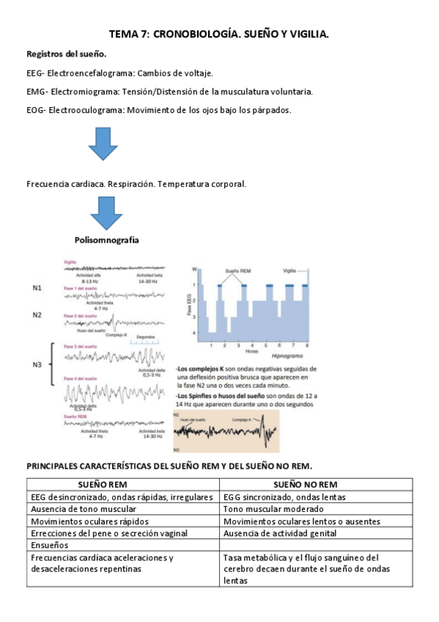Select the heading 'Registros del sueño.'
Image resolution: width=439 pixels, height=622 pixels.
point(67,54)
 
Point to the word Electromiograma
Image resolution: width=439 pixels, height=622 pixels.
point(84,92)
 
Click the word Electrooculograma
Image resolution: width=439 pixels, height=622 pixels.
point(86,110)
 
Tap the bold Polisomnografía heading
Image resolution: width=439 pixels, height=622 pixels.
point(107,240)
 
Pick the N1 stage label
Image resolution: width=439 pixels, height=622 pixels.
point(37,288)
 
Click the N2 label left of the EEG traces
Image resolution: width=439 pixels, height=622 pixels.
point(37,315)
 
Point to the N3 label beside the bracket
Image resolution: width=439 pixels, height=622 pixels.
point(37,362)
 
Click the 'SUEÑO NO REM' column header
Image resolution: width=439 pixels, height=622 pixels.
point(317,485)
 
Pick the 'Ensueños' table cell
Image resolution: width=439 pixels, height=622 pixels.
point(49,545)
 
